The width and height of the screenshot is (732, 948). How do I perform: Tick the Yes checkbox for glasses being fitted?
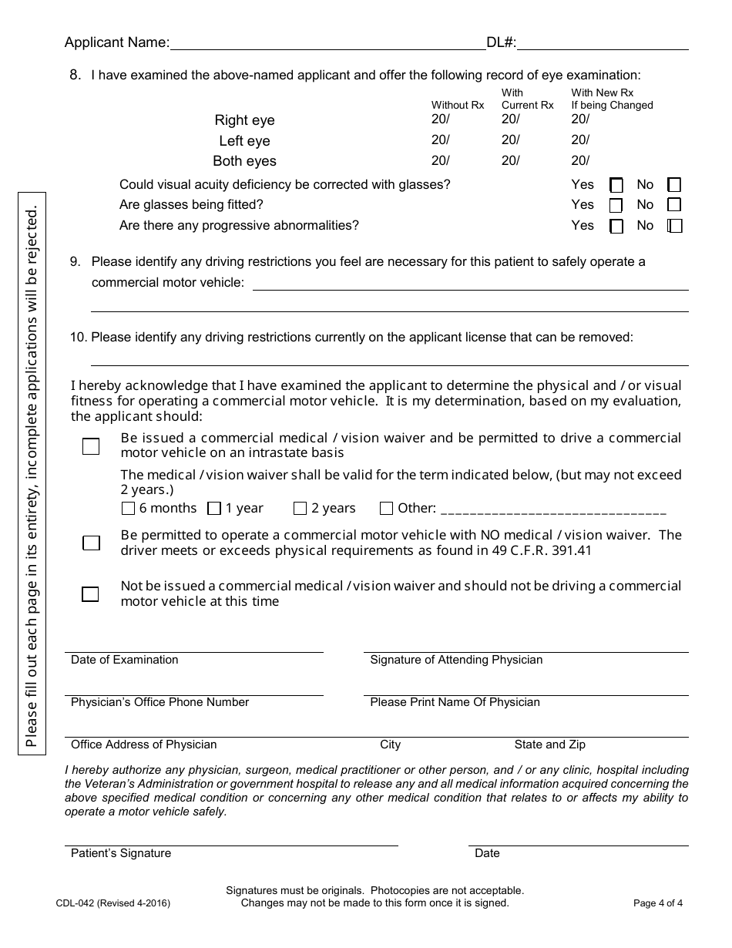[x=616, y=206]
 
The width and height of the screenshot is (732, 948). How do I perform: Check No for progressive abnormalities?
[x=675, y=226]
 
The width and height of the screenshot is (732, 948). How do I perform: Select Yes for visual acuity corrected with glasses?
[x=616, y=185]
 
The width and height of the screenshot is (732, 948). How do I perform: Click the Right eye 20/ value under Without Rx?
[x=441, y=119]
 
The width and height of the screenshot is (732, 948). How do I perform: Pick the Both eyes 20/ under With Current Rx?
[x=511, y=160]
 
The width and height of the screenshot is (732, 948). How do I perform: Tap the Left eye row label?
[x=244, y=141]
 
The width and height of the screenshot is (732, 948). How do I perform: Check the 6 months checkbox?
[x=129, y=509]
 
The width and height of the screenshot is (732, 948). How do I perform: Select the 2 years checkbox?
[x=301, y=509]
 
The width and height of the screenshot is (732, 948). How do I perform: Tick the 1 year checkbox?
[x=215, y=509]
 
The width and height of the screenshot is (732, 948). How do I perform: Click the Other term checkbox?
[x=387, y=509]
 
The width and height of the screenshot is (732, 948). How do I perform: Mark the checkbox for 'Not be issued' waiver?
[x=91, y=594]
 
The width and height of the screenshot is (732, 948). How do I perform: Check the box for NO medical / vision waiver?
[x=91, y=543]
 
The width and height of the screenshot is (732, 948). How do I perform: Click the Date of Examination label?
[x=124, y=660]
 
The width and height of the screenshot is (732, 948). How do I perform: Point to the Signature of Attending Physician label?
[x=456, y=660]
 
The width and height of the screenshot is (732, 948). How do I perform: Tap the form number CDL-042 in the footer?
[x=112, y=903]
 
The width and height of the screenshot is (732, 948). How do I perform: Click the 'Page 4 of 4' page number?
[x=657, y=903]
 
